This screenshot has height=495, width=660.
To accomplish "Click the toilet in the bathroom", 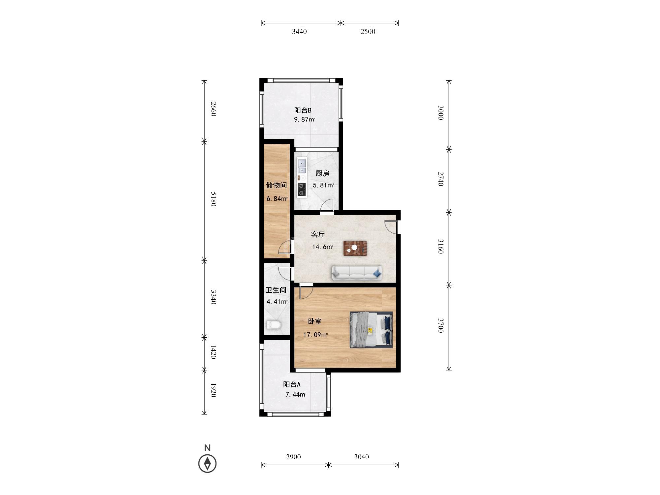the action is point(273,325).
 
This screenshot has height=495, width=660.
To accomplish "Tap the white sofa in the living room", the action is point(357,273).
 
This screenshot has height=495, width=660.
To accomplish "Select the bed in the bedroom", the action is point(371,330).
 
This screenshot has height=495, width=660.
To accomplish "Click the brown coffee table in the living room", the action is point(355,248).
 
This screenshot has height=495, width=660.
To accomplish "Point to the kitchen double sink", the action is point(302,166).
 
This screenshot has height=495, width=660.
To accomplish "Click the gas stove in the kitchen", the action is point(301,190).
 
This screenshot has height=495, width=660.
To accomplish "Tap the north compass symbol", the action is point(207,463).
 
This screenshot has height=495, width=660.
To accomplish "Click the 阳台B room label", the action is point(303,110).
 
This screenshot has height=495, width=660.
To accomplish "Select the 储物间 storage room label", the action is point(276,185).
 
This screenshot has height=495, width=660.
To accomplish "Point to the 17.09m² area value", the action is point(315,335).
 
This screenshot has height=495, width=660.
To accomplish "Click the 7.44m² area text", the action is point(296,394).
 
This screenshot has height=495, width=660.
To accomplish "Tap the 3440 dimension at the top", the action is point(299,32).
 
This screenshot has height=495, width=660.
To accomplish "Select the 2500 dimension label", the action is point(368,32).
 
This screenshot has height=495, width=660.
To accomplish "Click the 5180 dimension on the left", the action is point(213,199).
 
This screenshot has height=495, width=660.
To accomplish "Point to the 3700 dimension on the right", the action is point(441,325).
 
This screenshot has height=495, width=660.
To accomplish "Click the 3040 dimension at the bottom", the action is point(361,457).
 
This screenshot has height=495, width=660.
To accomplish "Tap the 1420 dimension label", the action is point(213,352).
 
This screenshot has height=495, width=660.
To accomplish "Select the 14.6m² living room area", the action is point(322,247).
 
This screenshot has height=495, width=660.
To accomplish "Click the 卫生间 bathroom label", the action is point(276,290).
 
